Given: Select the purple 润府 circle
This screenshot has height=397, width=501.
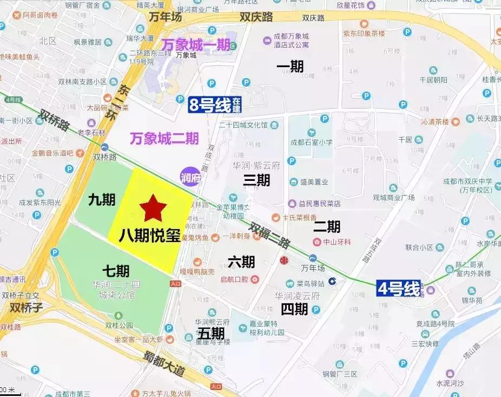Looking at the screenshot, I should click(190, 176).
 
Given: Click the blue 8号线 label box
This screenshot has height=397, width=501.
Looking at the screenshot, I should click(215, 104).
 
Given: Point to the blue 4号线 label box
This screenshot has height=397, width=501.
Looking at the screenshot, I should click(399, 288).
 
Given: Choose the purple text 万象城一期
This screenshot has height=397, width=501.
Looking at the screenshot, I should click(196, 44).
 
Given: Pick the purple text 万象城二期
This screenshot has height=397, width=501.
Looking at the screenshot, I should click(164, 138).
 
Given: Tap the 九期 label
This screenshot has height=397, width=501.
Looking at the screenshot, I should click(102, 200).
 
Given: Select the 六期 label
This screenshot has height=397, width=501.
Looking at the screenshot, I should click(241, 262).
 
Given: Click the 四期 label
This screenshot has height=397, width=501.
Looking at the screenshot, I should click(294, 309).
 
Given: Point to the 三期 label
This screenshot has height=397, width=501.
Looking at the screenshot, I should click(256, 180).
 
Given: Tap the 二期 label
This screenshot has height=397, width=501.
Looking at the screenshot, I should click(327, 226).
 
